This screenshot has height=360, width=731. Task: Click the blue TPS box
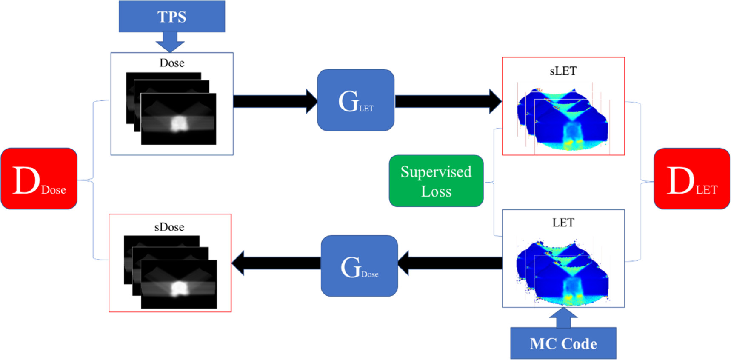(x=171, y=16)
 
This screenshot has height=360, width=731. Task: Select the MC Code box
(x=563, y=343)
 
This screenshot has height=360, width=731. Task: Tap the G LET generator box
(x=356, y=100)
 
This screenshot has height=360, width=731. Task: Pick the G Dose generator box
(x=360, y=266)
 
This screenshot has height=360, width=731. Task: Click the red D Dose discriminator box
(x=39, y=178)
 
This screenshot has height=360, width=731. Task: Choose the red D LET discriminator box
(x=692, y=179)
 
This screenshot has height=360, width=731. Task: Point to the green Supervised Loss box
(x=436, y=181)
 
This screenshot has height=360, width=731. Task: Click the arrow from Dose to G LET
(x=275, y=101)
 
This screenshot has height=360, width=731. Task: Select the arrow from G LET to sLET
(x=448, y=101)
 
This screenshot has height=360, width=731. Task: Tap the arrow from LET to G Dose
(x=450, y=263)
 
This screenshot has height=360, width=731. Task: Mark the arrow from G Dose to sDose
(x=276, y=263)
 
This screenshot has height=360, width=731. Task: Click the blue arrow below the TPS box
(x=170, y=42)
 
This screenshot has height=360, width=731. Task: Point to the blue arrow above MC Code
(x=563, y=317)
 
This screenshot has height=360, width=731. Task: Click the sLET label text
(x=563, y=71)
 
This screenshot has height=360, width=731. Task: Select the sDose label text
(x=169, y=227)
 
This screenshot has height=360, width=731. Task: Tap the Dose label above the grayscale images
(x=172, y=63)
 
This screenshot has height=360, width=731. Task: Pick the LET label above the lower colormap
(x=563, y=223)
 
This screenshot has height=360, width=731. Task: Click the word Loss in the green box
(x=436, y=191)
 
